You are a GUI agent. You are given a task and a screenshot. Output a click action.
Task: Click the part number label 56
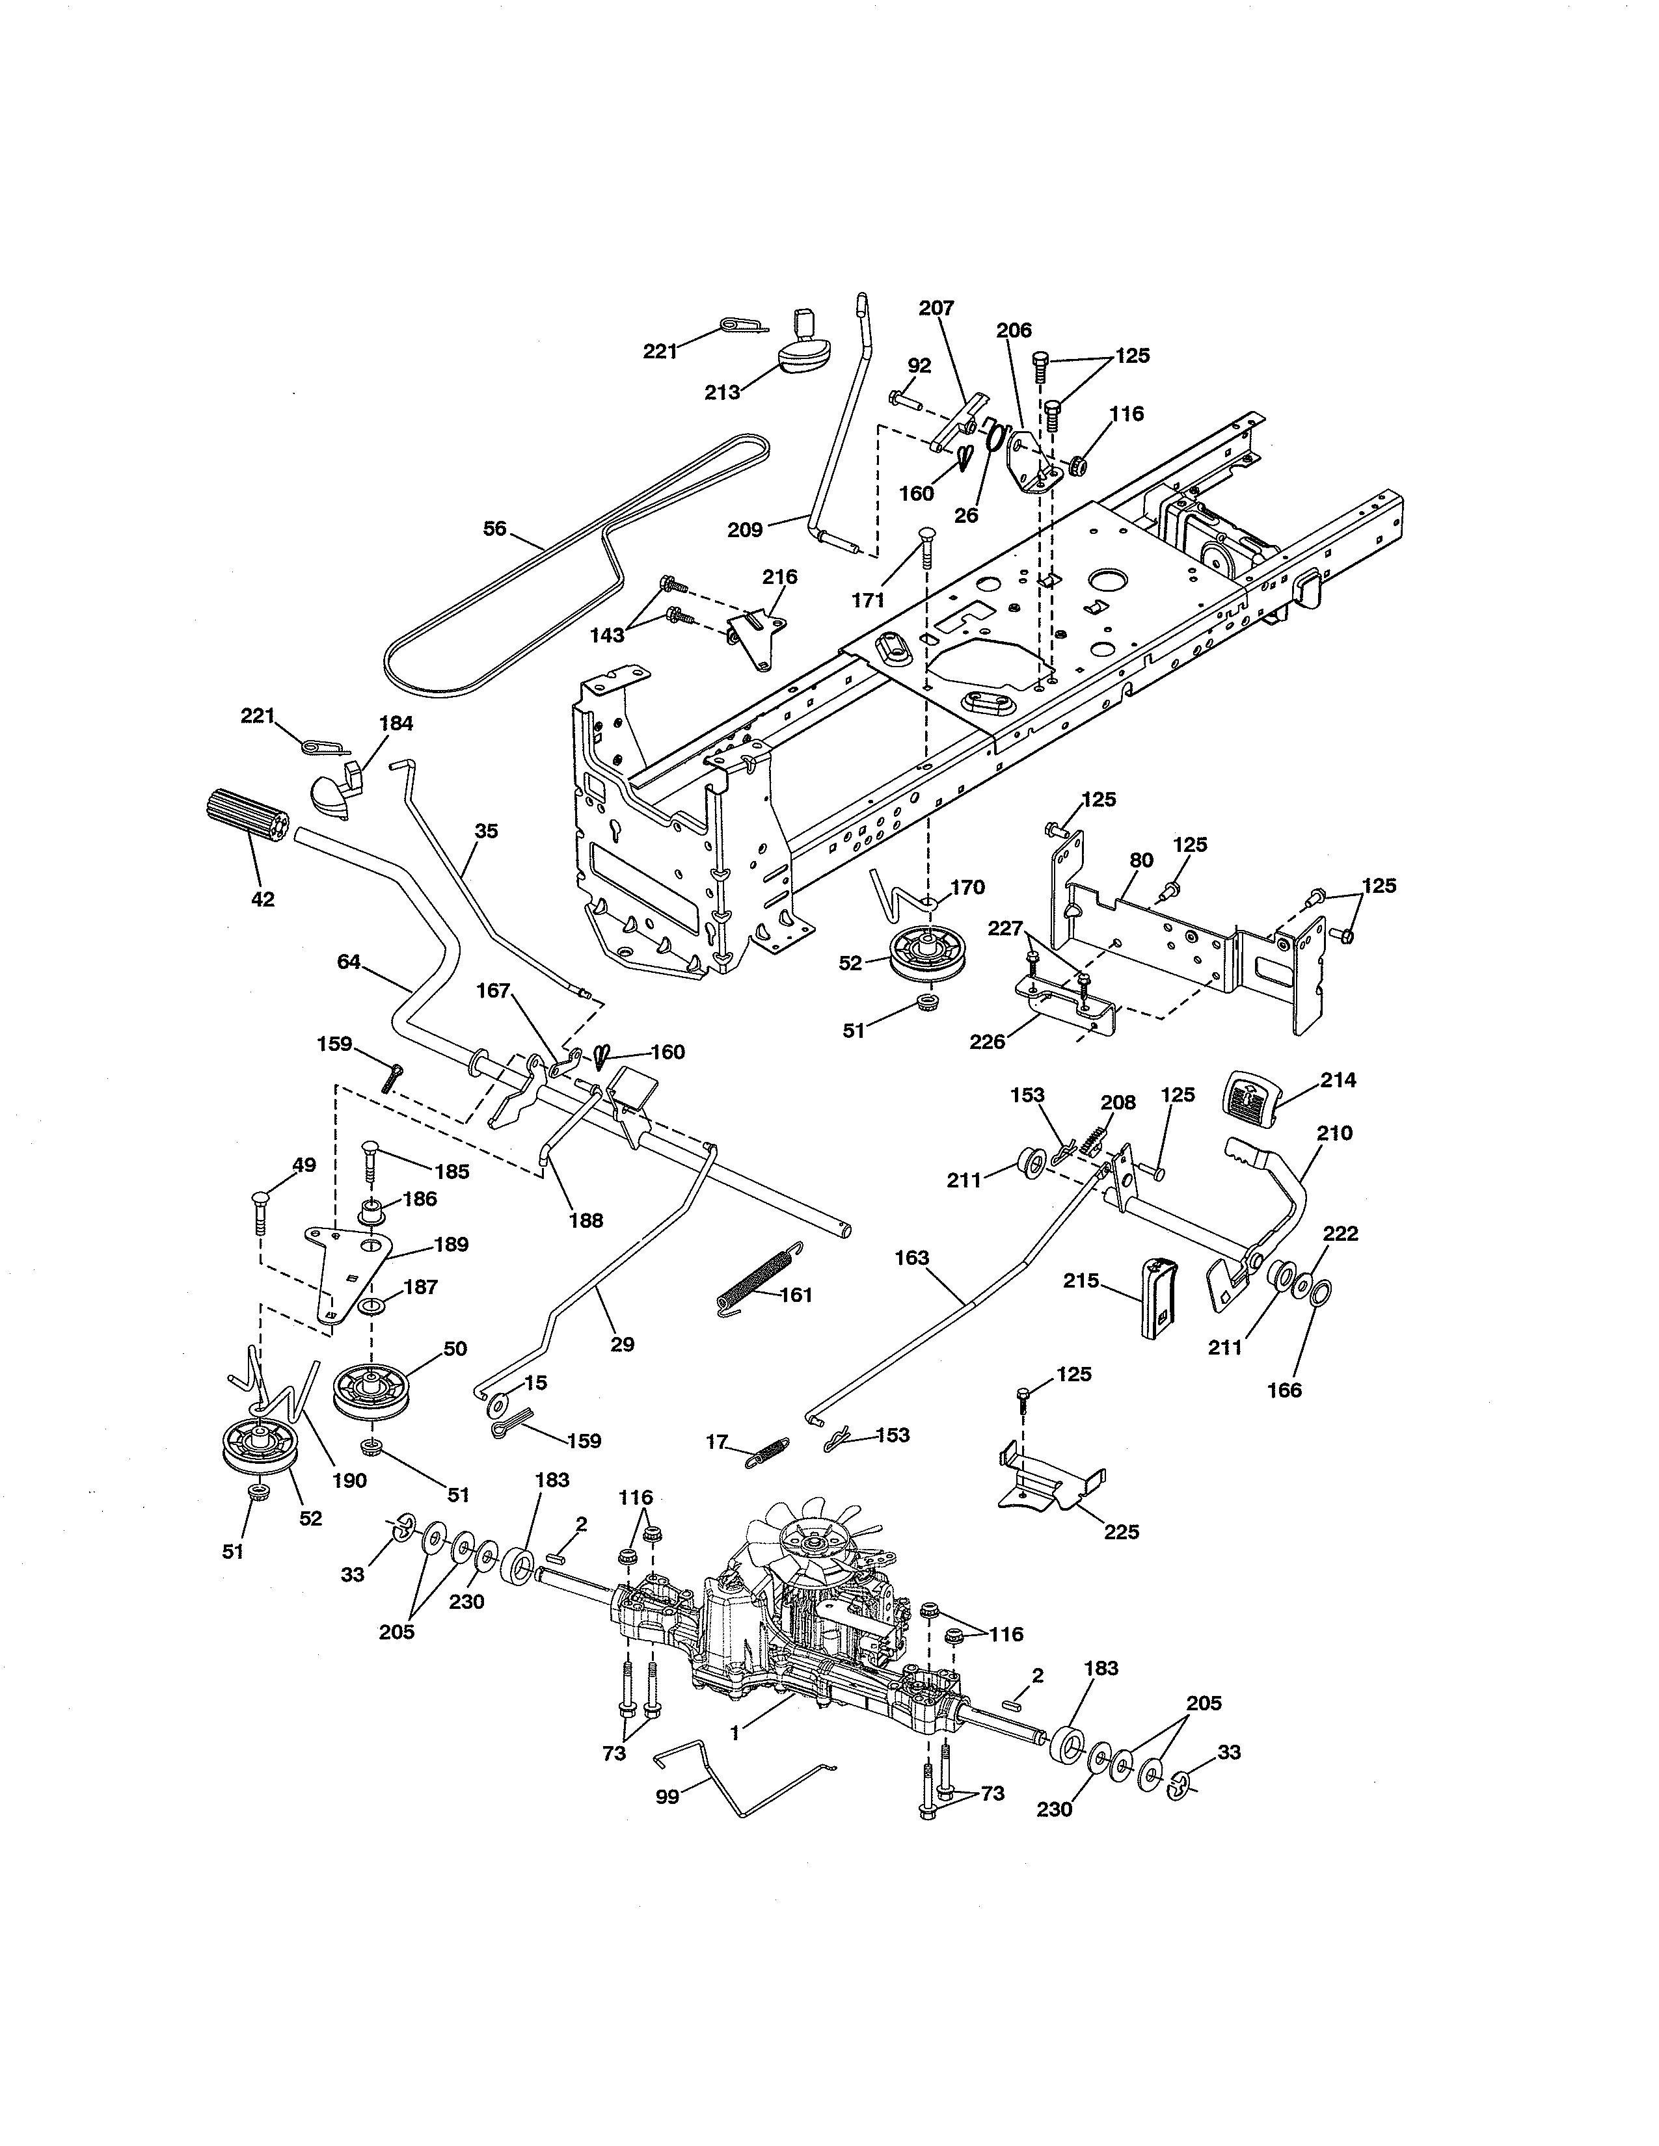point(494,529)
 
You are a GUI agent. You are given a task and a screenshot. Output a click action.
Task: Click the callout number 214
point(1338,1080)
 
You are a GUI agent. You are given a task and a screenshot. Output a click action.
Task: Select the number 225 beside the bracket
point(1122,1531)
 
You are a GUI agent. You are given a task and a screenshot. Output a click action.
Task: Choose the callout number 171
point(868,600)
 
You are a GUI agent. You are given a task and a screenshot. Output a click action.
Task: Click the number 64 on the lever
point(349,962)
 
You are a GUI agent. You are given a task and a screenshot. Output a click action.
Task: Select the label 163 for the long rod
point(912,1258)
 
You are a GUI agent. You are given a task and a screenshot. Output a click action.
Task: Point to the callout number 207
point(937,308)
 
